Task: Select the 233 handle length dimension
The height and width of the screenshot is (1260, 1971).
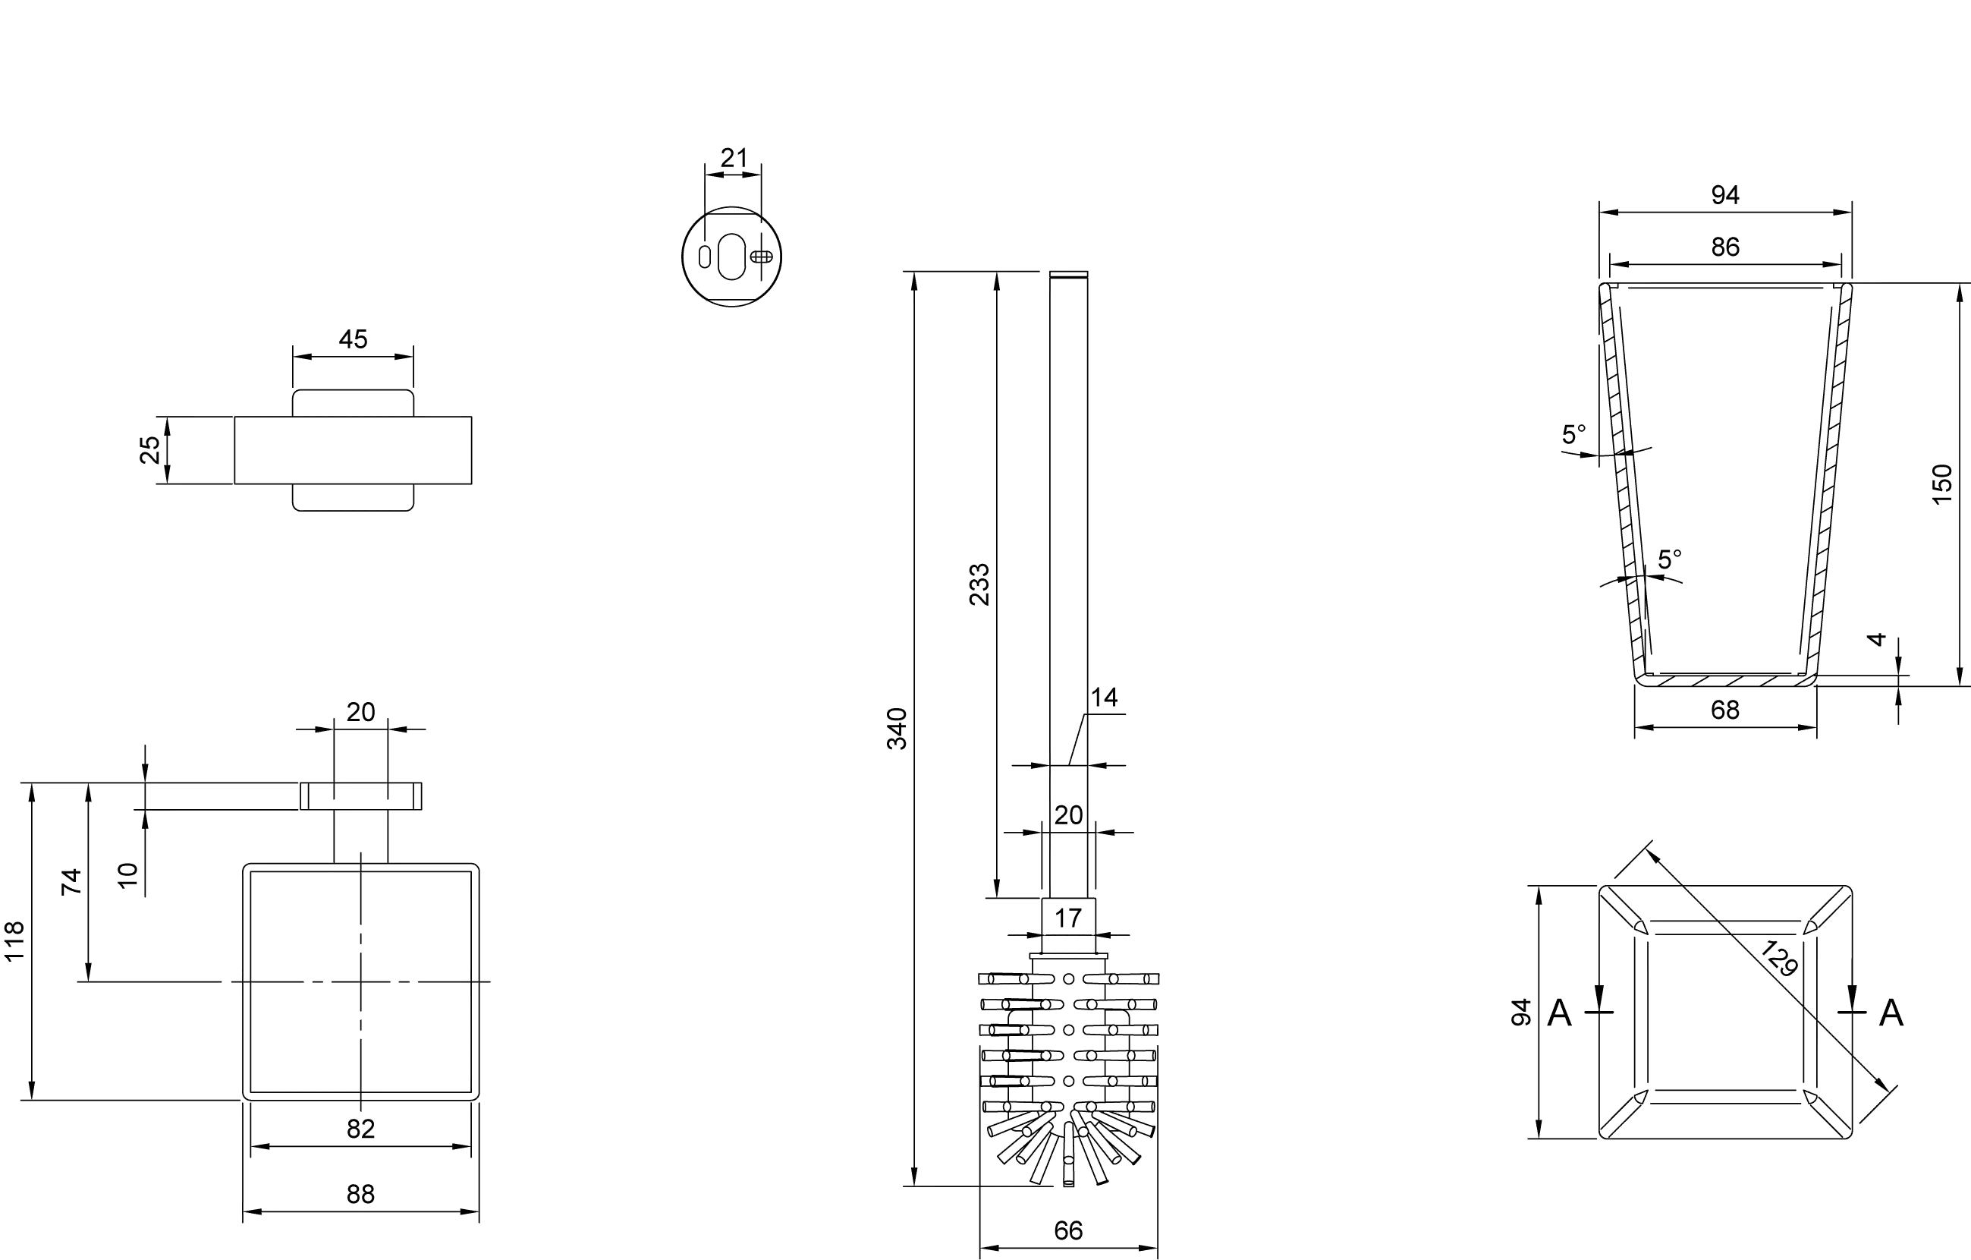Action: (x=979, y=584)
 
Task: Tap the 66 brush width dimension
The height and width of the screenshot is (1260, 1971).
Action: (x=1068, y=1230)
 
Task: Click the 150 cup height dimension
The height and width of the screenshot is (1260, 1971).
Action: (x=1941, y=485)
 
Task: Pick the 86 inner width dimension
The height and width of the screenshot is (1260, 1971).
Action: (x=1724, y=247)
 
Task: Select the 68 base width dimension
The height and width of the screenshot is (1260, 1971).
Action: (x=1724, y=710)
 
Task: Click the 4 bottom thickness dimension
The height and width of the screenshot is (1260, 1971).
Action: (x=1877, y=639)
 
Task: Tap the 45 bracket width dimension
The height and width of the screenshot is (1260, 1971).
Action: (x=353, y=339)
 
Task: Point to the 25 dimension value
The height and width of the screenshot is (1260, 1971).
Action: (x=149, y=449)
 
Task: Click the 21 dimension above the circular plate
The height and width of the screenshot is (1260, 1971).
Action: (x=734, y=157)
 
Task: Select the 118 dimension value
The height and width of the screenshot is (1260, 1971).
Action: (x=14, y=940)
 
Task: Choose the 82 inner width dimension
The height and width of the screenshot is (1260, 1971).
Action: (x=360, y=1129)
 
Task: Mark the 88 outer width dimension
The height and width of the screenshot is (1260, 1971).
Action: (x=360, y=1195)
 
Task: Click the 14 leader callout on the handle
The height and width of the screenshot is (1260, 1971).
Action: (x=1103, y=698)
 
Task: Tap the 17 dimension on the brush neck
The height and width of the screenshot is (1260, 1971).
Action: (x=1067, y=918)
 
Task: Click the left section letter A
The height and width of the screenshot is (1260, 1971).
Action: (x=1559, y=1013)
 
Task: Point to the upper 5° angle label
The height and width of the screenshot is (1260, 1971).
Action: (x=1573, y=434)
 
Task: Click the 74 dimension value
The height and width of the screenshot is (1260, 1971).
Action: (x=72, y=881)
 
